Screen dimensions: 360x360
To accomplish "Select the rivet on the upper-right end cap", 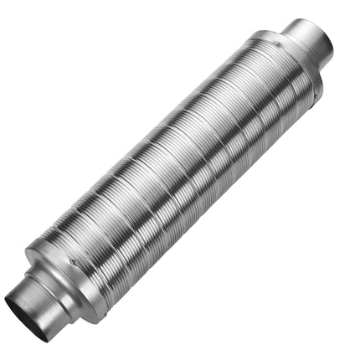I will coord(275,36).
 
